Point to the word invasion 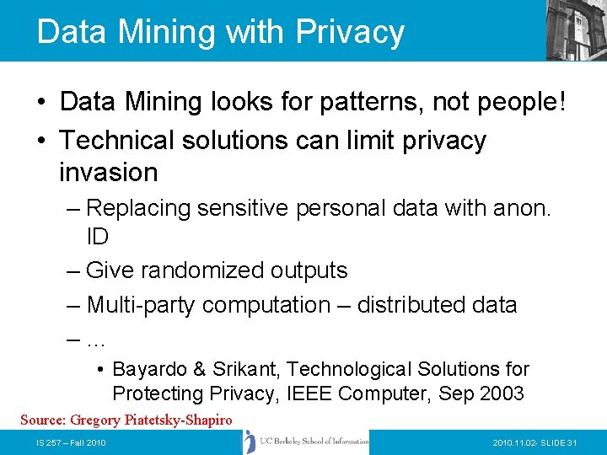[109, 173]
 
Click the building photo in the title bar [576, 29]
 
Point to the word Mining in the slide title [155, 32]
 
